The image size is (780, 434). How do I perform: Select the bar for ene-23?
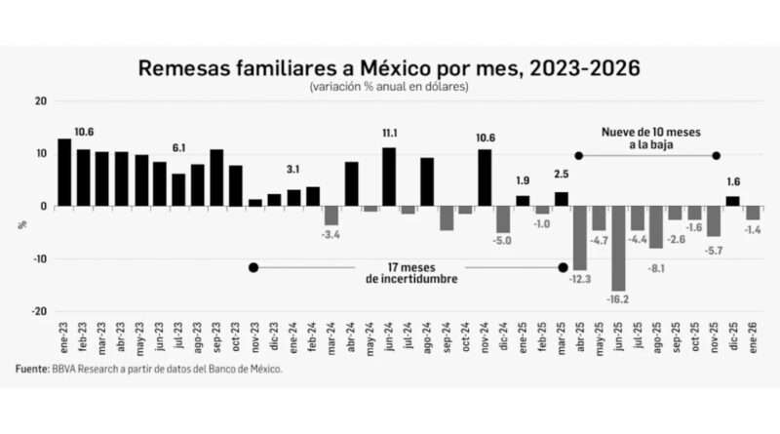[x=64, y=173]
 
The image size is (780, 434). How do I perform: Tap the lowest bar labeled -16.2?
[x=617, y=249]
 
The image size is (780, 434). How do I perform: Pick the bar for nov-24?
[x=485, y=178]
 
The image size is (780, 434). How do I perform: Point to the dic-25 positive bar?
[x=732, y=201]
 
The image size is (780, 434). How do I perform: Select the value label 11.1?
[x=389, y=133]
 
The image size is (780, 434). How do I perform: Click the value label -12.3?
[x=579, y=280]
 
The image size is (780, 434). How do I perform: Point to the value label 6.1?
[x=178, y=147]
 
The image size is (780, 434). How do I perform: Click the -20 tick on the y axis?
[x=39, y=311]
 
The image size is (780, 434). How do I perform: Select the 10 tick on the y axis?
[x=40, y=154]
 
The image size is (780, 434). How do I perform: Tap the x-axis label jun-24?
[x=389, y=337]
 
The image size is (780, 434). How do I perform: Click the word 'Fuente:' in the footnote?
[x=31, y=370]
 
